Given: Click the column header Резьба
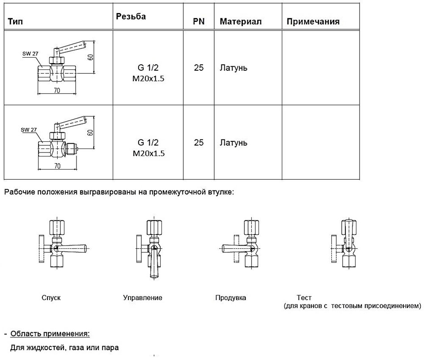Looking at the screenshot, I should tap(131, 17).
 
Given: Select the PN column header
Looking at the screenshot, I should tap(199, 21).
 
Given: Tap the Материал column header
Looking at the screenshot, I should tap(240, 21).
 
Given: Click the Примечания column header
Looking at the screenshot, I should tap(313, 21).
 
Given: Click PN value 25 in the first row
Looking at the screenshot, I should tap(199, 68).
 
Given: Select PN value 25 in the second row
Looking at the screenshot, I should tap(199, 143).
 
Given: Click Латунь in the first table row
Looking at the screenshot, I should tap(233, 68).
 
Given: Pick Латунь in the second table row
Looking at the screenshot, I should tap(233, 143).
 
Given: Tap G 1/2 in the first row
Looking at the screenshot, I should tap(148, 68).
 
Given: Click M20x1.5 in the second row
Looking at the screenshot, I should tap(148, 153).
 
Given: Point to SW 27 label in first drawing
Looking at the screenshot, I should tap(30, 53).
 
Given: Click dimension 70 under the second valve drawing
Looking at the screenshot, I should tap(57, 166).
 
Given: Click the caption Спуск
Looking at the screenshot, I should tap(51, 297).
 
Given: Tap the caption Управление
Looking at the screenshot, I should tap(142, 297).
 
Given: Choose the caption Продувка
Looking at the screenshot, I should tap(230, 297).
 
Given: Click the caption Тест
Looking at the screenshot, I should tap(304, 297).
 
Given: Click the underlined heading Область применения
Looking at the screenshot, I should tap(50, 334).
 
